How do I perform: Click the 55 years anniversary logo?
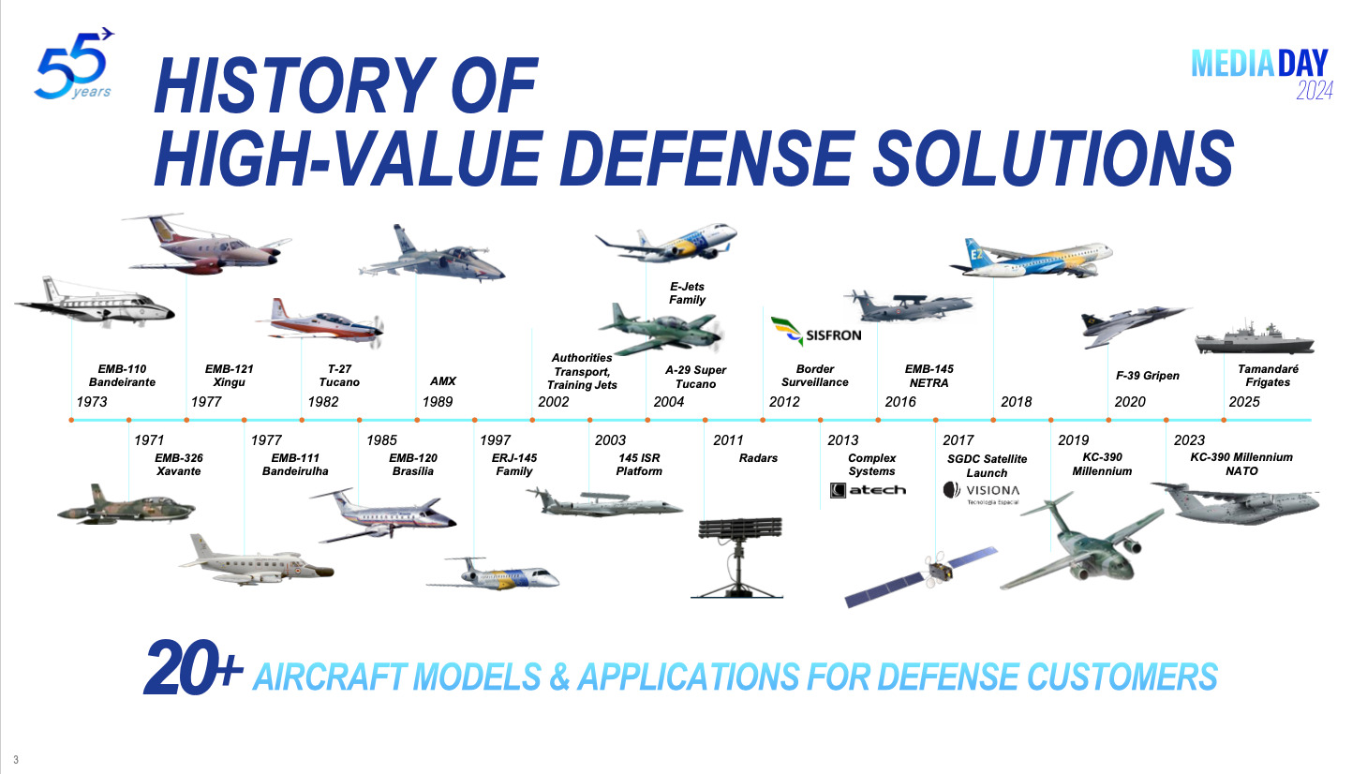click(x=73, y=64)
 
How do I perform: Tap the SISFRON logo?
click(x=816, y=332)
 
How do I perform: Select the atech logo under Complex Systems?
click(x=868, y=490)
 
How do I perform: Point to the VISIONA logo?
click(x=981, y=493)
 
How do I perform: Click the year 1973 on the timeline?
click(x=92, y=402)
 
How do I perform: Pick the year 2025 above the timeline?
click(x=1243, y=402)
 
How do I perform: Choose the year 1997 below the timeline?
click(x=495, y=440)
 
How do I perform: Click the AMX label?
click(x=442, y=380)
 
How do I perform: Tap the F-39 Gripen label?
click(x=1148, y=376)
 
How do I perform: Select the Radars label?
click(x=758, y=458)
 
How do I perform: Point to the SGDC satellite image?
click(x=921, y=576)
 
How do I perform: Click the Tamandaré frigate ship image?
click(x=1255, y=338)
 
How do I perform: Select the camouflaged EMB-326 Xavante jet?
click(x=126, y=505)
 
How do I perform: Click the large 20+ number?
click(x=193, y=667)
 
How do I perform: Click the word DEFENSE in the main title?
click(x=706, y=157)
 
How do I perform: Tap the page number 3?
click(x=16, y=760)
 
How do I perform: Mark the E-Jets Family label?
click(x=687, y=293)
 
